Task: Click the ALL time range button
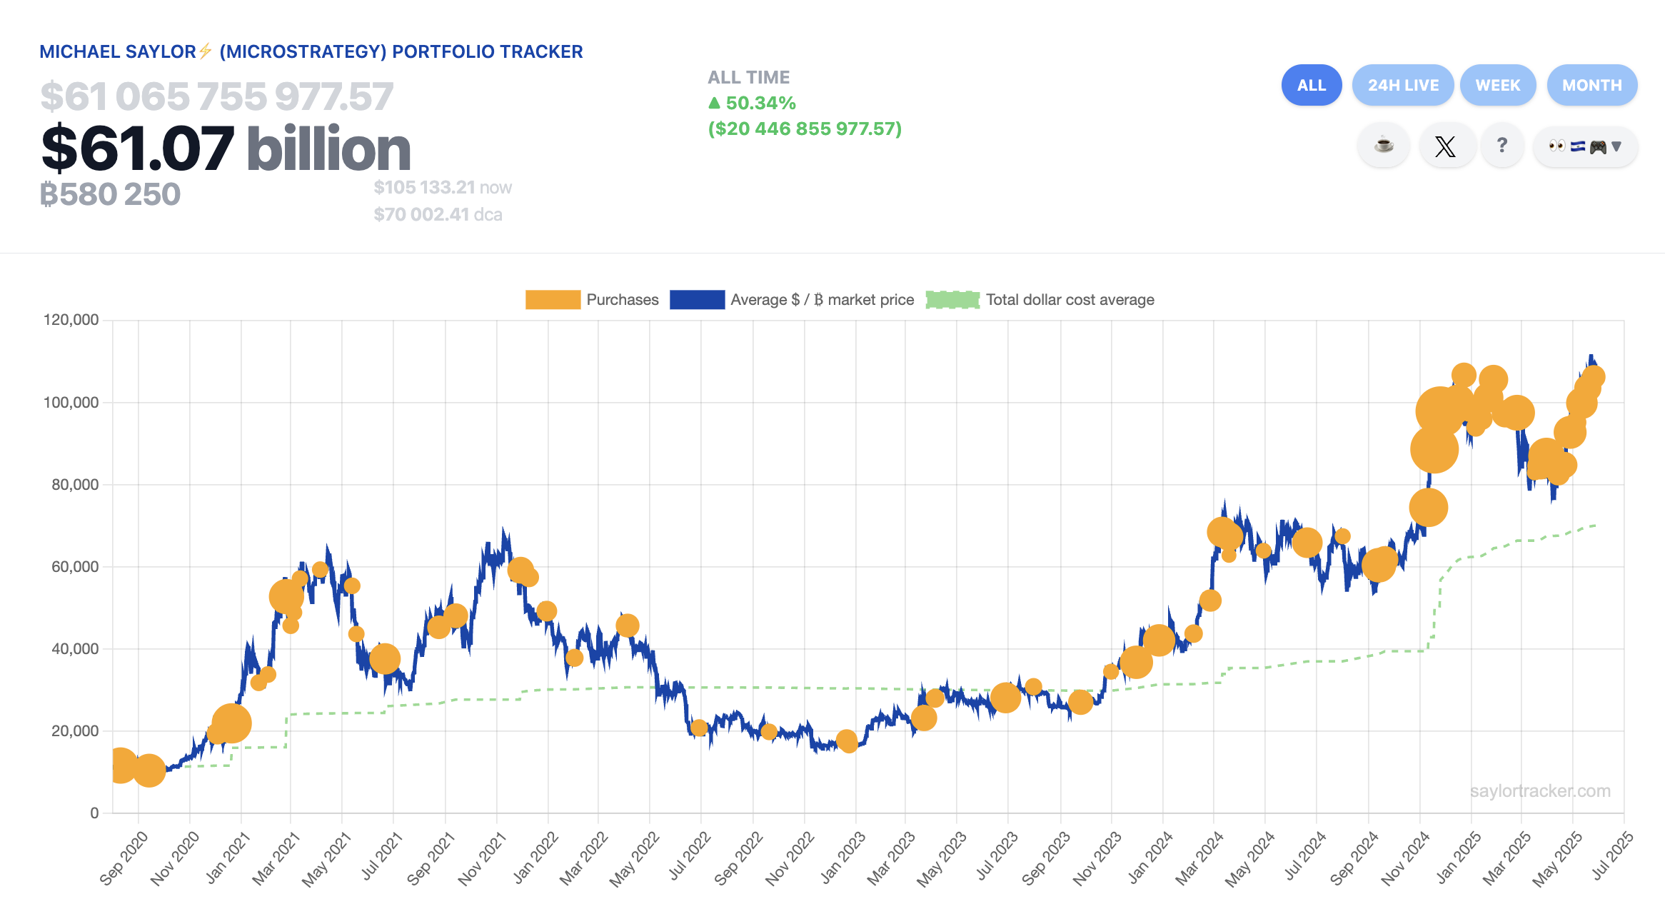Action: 1311,85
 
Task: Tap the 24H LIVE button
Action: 1402,85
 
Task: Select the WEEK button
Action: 1497,85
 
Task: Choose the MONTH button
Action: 1591,85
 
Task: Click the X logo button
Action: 1445,146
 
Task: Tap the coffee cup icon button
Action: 1383,146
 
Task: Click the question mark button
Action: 1502,146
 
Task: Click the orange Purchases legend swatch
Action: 553,300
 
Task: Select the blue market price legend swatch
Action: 697,300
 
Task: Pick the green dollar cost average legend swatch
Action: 952,300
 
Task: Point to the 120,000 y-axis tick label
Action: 71,320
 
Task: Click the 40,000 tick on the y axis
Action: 75,649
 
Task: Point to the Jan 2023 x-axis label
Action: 843,857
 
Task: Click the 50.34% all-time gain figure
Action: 760,104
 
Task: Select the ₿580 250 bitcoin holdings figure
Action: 111,194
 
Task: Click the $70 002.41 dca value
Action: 437,215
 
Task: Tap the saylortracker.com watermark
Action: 1540,791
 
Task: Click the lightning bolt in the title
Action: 206,51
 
